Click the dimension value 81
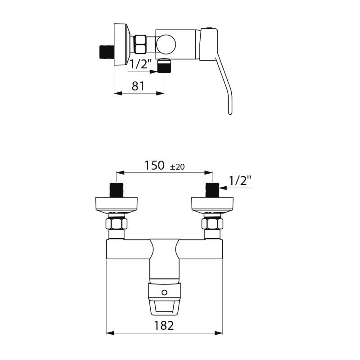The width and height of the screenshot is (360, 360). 139,86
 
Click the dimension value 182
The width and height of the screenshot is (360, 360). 164,325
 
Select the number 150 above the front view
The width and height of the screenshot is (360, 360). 154,166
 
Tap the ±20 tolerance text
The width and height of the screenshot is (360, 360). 177,167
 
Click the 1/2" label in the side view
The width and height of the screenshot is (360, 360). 140,64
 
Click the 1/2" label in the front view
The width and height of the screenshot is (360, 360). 240,181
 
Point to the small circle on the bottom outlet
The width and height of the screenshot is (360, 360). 164,292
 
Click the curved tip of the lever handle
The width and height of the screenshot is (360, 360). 230,110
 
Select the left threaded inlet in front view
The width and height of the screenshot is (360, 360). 117,189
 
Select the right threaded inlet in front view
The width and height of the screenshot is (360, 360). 212,189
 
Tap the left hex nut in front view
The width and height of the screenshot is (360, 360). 117,223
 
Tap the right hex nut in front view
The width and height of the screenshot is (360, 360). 212,223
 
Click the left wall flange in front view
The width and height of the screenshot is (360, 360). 117,204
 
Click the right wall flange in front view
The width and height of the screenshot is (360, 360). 212,204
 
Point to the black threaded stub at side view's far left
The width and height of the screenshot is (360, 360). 106,51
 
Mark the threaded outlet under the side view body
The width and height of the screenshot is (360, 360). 164,67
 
